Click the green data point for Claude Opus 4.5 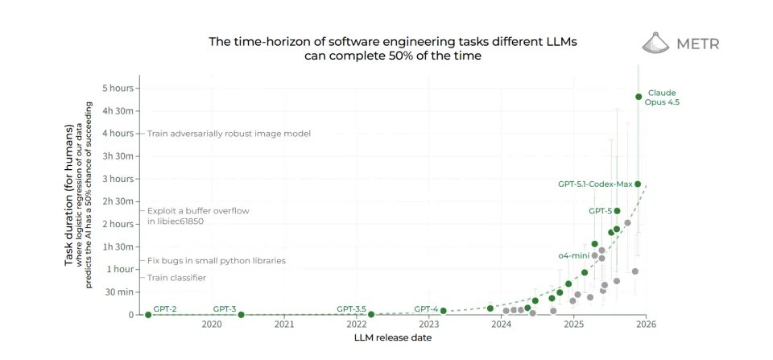639,97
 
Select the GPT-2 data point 148,315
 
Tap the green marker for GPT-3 242,315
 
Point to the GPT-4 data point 443,311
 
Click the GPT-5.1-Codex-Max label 595,184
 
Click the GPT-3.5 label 351,308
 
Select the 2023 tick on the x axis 429,325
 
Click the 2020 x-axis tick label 212,325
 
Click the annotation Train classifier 176,278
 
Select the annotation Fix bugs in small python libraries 217,261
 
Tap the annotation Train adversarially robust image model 229,133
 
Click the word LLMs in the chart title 562,40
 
